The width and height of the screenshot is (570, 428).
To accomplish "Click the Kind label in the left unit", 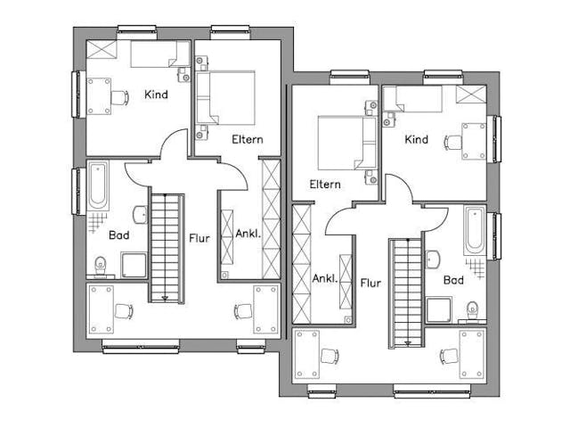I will coord(156,95).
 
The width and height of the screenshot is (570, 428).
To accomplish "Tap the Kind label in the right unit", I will coord(416,139).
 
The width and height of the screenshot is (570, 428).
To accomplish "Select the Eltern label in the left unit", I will coord(247,139).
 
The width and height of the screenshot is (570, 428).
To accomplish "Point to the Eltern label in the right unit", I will coord(325,185).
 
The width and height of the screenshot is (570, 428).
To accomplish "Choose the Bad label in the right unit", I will coord(453,280).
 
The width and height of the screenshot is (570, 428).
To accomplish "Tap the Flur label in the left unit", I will coord(199,238).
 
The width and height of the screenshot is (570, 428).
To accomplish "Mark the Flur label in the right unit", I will coord(370,284).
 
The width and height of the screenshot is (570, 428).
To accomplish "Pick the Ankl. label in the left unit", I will coord(248,234).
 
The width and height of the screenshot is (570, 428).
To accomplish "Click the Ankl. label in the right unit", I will coord(324,278).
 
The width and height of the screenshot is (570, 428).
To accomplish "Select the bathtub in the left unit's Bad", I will coord(97,185).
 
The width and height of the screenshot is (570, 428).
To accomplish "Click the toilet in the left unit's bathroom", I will coord(101,263).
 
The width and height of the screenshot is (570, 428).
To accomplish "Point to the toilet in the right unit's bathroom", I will coord(471,309).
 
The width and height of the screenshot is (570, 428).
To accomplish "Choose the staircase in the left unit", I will coord(166,247).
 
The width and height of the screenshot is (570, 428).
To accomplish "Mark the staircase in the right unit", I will coord(404,292).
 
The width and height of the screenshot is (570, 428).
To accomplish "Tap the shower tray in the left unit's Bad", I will coord(134,265).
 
